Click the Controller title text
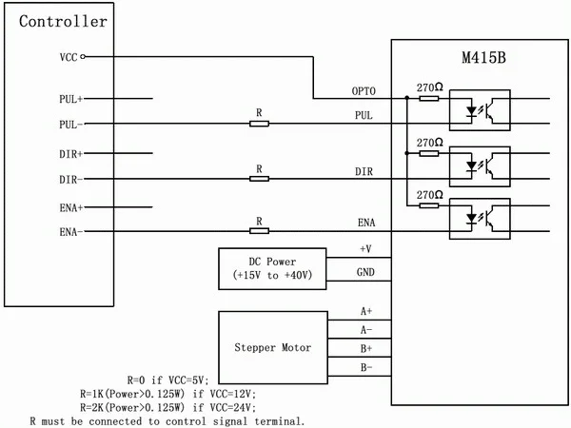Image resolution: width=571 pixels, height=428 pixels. click(63, 21)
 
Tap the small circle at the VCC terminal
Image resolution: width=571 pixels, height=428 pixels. click(83, 56)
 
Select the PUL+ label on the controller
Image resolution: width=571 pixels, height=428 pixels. click(71, 99)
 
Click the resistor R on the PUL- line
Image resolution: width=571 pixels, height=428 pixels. click(259, 124)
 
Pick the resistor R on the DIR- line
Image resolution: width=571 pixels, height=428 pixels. click(259, 179)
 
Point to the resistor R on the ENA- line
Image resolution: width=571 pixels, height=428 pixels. click(259, 231)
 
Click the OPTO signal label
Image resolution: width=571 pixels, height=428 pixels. click(364, 91)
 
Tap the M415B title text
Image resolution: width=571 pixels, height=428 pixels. click(484, 57)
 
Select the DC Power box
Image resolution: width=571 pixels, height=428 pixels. click(272, 269)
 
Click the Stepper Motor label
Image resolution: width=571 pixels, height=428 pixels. click(273, 347)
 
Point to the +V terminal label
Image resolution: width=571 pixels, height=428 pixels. click(365, 249)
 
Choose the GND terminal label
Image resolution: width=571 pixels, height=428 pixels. click(365, 272)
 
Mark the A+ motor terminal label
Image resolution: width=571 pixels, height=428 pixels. click(366, 311)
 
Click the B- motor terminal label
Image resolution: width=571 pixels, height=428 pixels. click(366, 367)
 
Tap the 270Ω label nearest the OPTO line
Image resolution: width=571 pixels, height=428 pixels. click(430, 88)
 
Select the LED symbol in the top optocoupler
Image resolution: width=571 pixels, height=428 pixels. click(472, 110)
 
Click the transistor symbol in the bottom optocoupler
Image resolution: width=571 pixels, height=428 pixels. click(493, 219)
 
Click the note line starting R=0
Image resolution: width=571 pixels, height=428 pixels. click(167, 380)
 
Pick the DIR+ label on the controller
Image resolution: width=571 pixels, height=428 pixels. click(71, 154)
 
